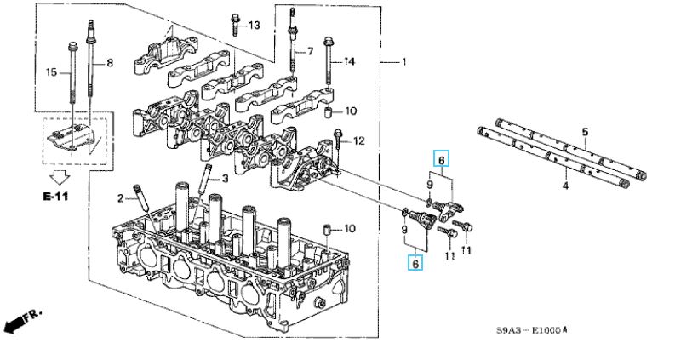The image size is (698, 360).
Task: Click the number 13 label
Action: pyautogui.click(x=254, y=25)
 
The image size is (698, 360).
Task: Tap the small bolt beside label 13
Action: pyautogui.click(x=235, y=25)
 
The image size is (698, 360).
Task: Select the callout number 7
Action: pyautogui.click(x=311, y=52)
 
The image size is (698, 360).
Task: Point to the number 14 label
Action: pyautogui.click(x=350, y=62)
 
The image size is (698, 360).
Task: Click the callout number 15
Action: pyautogui.click(x=52, y=72)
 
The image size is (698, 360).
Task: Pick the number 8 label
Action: pyautogui.click(x=110, y=63)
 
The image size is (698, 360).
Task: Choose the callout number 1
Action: pyautogui.click(x=403, y=62)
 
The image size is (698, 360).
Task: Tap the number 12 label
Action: pyautogui.click(x=359, y=141)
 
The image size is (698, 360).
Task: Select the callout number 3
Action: pyautogui.click(x=225, y=179)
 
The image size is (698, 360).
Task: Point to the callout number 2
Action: pyautogui.click(x=120, y=198)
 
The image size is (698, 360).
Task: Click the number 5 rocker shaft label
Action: pyautogui.click(x=585, y=132)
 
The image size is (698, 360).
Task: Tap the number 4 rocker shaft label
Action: pyautogui.click(x=565, y=186)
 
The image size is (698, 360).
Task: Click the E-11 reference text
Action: pyautogui.click(x=55, y=196)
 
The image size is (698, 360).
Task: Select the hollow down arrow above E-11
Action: pyautogui.click(x=60, y=178)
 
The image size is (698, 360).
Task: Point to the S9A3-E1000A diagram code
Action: pyautogui.click(x=532, y=330)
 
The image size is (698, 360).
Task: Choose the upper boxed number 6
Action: pyautogui.click(x=442, y=158)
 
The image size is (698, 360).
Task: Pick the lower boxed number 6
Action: pyautogui.click(x=415, y=263)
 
